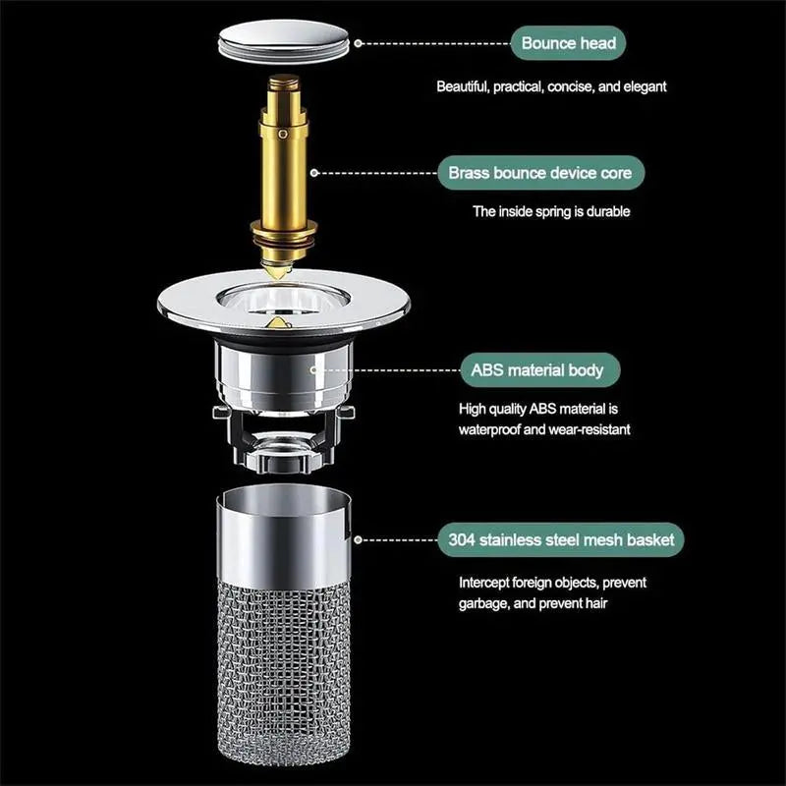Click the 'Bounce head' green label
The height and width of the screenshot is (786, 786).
coord(568,43)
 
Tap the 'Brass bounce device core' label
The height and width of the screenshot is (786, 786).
coord(541,173)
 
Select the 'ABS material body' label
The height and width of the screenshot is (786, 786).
coord(543,370)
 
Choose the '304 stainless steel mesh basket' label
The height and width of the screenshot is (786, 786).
coord(561,539)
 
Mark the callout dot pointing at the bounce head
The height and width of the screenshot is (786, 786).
coord(359,43)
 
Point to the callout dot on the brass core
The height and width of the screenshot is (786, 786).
coord(314,172)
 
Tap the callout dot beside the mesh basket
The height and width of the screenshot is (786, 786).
coord(359,539)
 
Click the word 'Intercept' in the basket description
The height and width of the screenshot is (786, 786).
coord(483,583)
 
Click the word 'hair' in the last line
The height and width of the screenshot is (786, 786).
coord(593,603)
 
